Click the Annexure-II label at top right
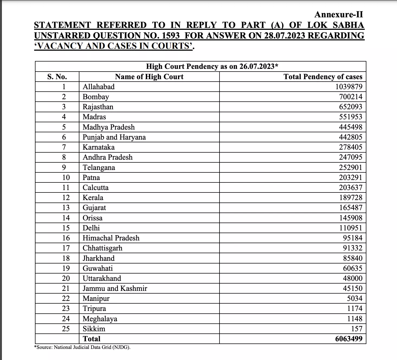[338, 14]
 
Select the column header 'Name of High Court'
[149, 77]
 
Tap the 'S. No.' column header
[57, 77]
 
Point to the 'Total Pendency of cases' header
[323, 77]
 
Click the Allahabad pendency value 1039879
[348, 87]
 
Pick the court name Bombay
[96, 97]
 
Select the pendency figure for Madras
[351, 117]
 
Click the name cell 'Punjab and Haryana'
[114, 137]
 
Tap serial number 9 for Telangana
[64, 167]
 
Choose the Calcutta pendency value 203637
[351, 188]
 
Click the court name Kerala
[93, 198]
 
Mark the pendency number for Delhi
[351, 228]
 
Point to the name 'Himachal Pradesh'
[111, 238]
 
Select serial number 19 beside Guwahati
[66, 268]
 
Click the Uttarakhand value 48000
[353, 278]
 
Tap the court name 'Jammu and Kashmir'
[115, 288]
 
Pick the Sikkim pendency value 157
[357, 329]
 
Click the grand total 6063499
[348, 339]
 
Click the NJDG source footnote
[82, 347]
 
